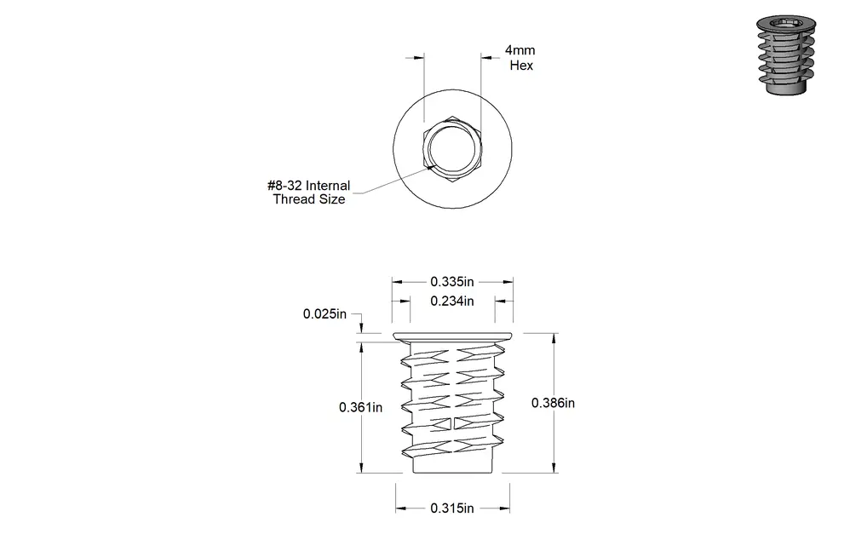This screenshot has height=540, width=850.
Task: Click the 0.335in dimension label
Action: coord(452,282)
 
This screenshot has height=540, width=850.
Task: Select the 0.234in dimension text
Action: coord(452,301)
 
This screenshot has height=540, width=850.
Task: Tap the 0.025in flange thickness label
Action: coord(324,314)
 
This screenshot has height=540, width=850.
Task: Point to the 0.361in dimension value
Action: coord(360,407)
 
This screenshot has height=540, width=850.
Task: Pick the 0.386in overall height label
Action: coord(553,403)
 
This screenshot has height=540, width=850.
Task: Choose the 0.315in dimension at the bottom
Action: coord(452,508)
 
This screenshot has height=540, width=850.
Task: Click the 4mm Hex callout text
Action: coord(520,57)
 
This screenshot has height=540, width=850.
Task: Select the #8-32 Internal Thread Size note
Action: coord(309,192)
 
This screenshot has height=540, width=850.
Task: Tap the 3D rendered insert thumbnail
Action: coord(785,55)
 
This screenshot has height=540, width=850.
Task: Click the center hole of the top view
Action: coord(452,149)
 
